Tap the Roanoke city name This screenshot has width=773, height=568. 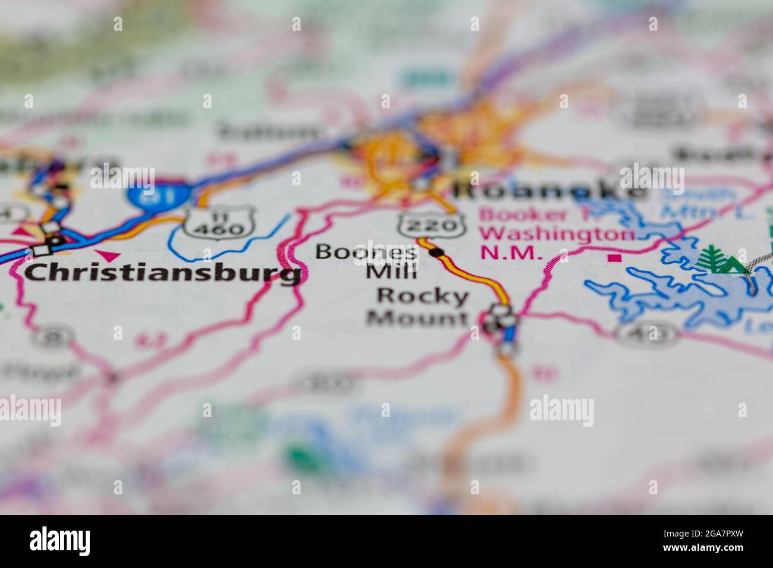point(547,191)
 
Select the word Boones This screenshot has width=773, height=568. point(366,253)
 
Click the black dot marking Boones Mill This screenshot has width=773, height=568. point(438,253)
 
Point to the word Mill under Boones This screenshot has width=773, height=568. point(391,273)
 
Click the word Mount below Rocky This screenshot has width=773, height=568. point(416,319)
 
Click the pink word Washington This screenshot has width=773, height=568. point(558,233)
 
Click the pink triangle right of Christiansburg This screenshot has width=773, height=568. point(110,255)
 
